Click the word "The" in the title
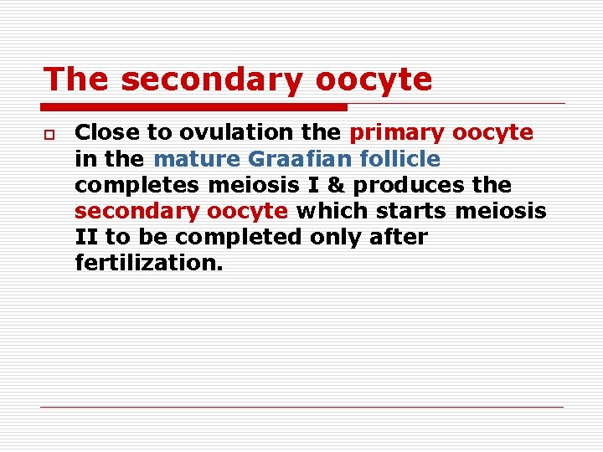[76, 80]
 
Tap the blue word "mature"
[198, 158]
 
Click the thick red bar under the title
[194, 107]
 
